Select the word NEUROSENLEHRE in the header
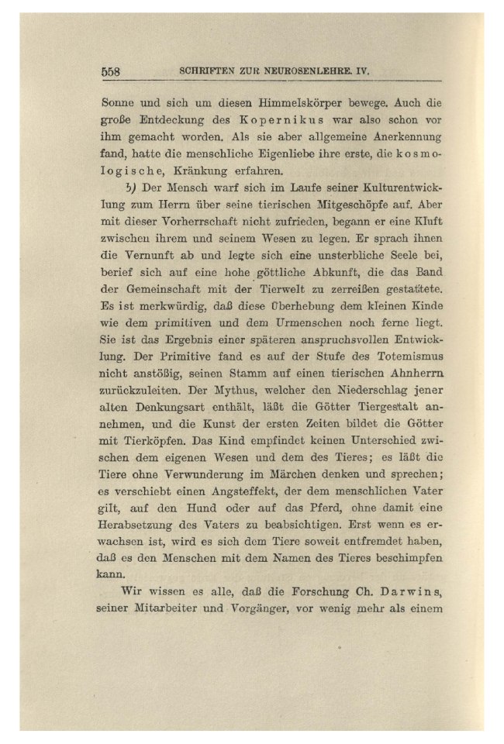pos(302,71)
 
